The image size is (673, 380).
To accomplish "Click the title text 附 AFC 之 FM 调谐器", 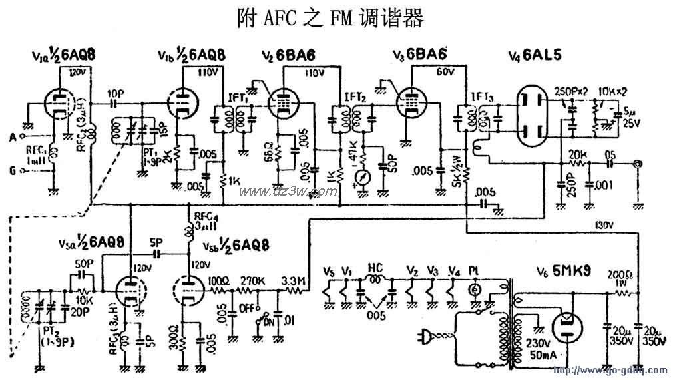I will click(330, 19).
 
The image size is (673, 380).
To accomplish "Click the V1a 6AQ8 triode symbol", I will click(59, 104).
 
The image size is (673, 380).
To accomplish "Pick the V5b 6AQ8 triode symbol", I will click(186, 290).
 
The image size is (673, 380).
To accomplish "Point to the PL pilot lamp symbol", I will click(475, 290).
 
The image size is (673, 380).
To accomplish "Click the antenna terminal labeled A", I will click(13, 138).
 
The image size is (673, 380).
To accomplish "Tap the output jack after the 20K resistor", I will click(639, 163).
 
